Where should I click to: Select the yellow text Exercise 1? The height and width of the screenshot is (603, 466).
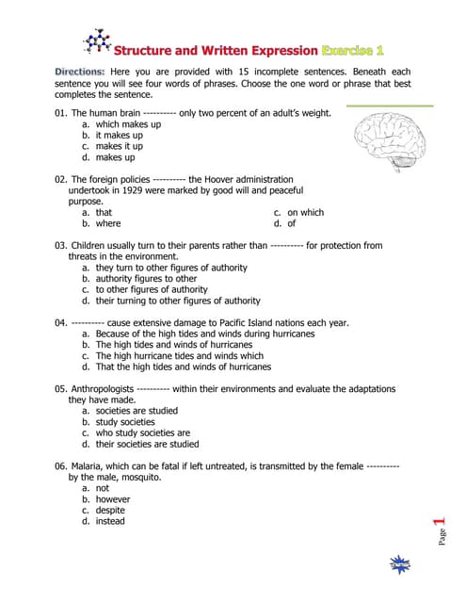pos(353,49)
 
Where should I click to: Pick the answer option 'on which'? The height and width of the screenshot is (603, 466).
pos(305,213)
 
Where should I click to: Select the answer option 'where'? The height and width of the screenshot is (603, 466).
pos(107,224)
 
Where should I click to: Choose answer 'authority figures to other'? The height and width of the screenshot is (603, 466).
pos(146,279)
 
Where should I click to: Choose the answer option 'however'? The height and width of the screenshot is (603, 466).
pos(111,499)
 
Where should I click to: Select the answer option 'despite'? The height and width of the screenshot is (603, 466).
pos(110,511)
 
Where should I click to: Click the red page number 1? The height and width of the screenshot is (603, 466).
pos(438,523)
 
